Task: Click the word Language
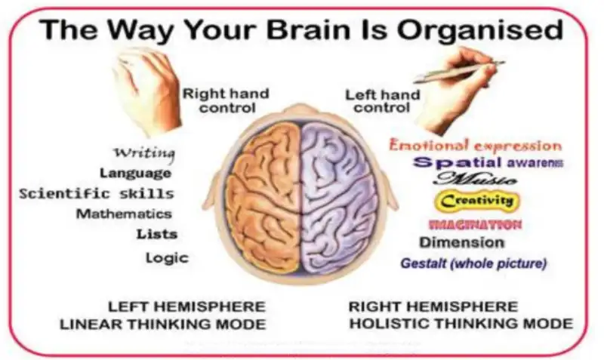[135, 174]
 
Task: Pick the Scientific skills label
[97, 194]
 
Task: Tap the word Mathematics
[124, 214]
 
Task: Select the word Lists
[157, 234]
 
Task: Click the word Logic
[167, 258]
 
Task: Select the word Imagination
[475, 224]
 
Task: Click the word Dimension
[461, 243]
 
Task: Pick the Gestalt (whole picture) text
[473, 264]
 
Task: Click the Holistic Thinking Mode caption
[461, 325]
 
